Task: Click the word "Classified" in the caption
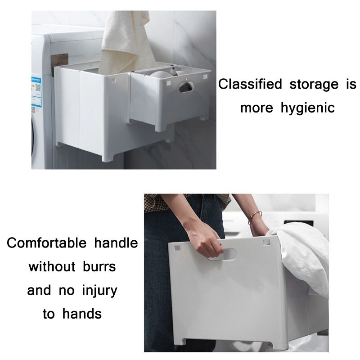point(250,84)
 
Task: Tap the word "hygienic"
point(308,108)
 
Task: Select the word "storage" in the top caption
point(314,85)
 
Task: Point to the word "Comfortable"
point(47,243)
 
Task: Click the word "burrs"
point(99,266)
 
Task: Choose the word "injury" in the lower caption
point(99,290)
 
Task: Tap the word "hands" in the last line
point(82,314)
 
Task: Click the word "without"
point(52,266)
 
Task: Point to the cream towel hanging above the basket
point(125,41)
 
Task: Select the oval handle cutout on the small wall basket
point(186,87)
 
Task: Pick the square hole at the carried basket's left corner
point(177,248)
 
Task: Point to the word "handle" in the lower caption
point(116,243)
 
